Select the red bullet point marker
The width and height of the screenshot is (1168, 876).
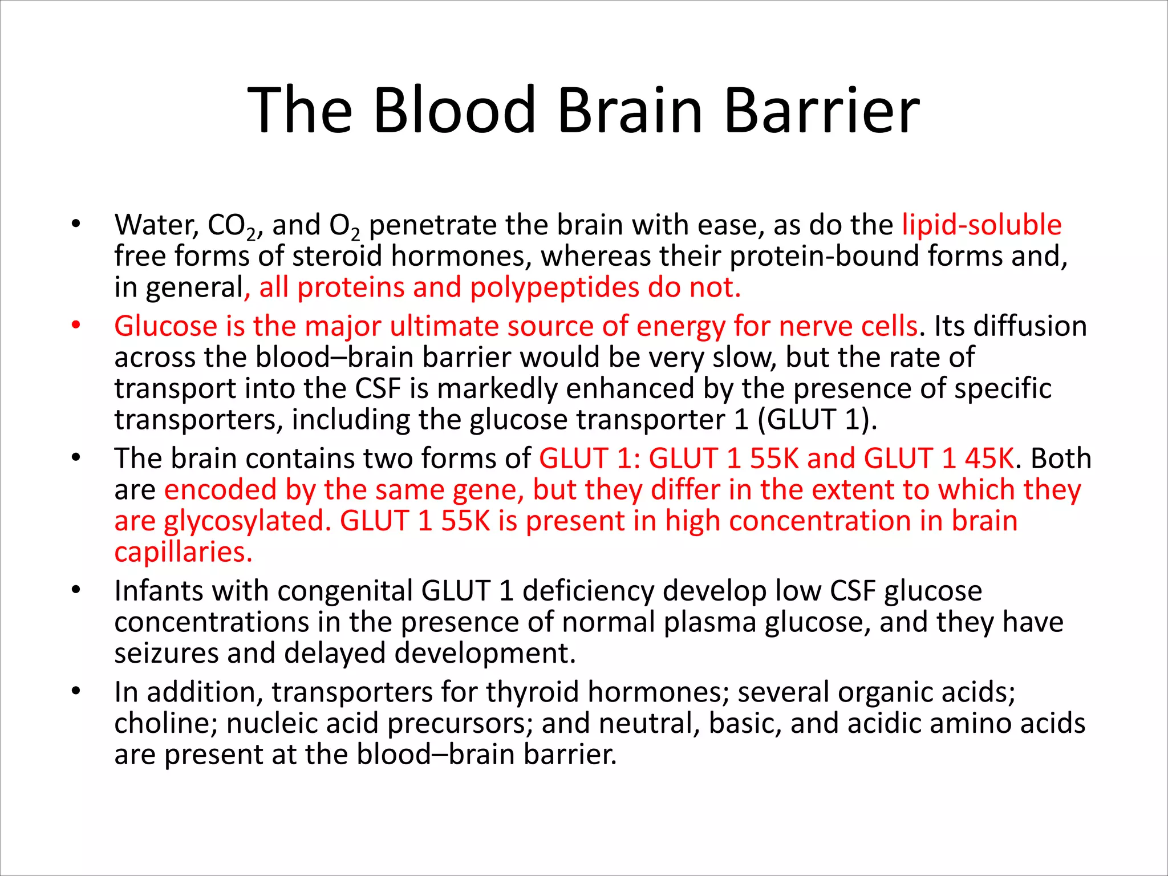point(76,326)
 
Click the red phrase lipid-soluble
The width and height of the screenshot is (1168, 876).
point(982,225)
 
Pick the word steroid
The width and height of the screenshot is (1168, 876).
point(336,255)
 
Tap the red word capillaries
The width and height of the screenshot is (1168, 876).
point(183,552)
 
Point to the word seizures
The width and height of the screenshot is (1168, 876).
point(166,654)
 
